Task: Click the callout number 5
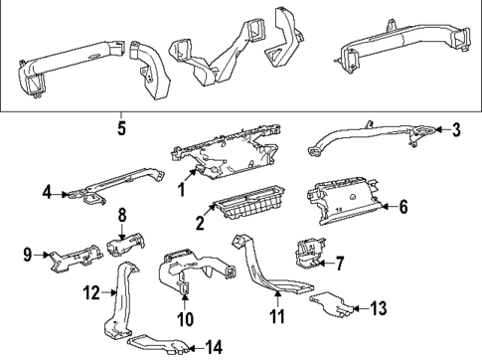121,128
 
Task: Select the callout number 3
456,128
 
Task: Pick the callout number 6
403,207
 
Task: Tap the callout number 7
339,264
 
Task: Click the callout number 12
89,291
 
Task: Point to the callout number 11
278,318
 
